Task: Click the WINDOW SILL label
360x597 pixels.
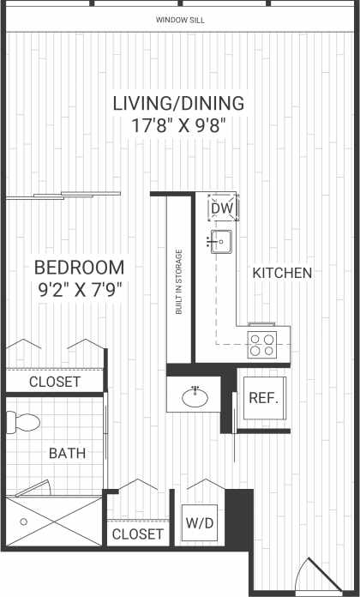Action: tap(180, 20)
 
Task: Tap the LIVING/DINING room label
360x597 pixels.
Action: tap(179, 104)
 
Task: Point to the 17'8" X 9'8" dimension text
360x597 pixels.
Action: tap(179, 125)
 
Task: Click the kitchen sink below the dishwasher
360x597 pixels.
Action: tap(219, 241)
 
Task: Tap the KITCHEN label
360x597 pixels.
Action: tap(281, 273)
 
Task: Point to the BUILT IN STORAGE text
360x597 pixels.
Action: tap(179, 282)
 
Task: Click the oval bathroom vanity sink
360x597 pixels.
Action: tap(196, 397)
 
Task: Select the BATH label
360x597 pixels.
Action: tap(66, 453)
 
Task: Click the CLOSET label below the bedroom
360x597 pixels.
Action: tap(55, 382)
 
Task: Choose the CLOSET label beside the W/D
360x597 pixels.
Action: tap(137, 534)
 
